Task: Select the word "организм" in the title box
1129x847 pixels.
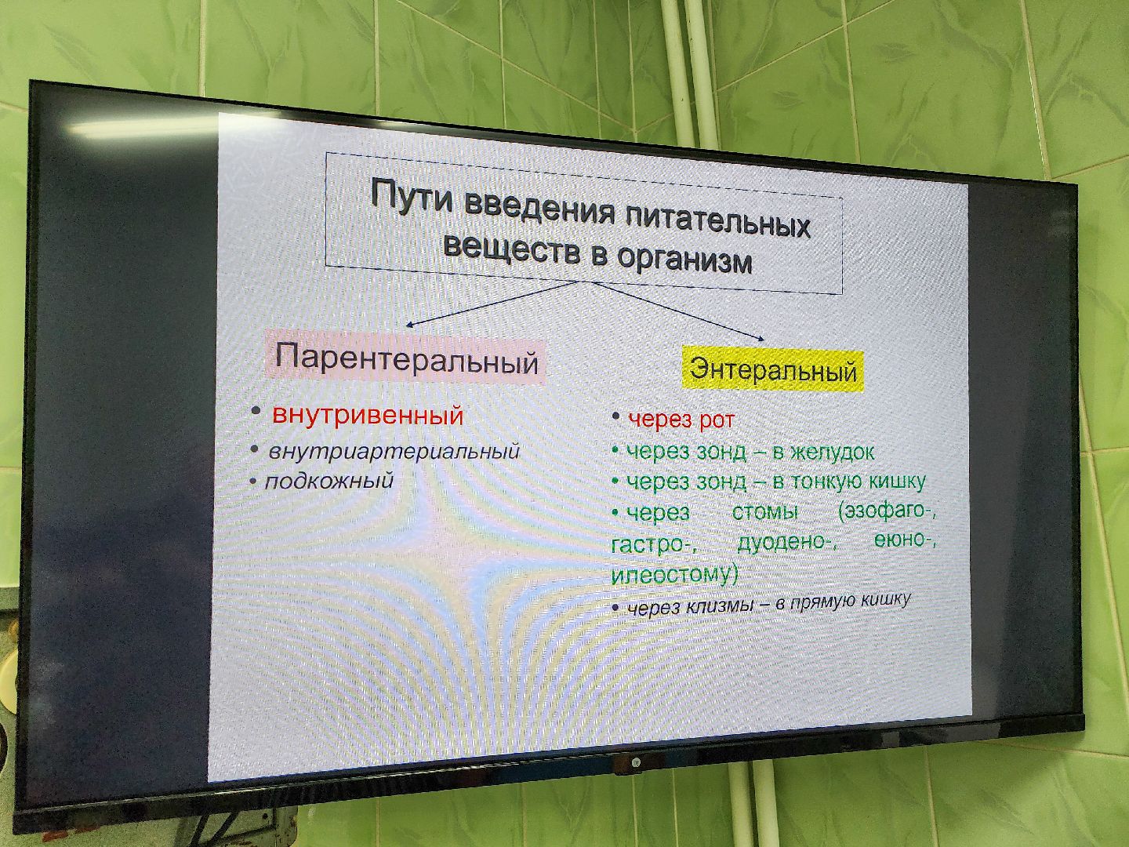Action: pos(684,260)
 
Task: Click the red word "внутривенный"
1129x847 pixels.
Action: pos(368,415)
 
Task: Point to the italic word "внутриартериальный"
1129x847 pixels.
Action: pos(394,453)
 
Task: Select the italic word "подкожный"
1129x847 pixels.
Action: pos(329,481)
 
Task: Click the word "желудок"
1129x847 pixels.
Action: pos(832,453)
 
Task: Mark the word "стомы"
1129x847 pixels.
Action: pos(764,513)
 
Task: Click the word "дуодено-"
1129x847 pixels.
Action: pos(787,543)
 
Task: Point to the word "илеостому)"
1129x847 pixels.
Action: pos(674,574)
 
